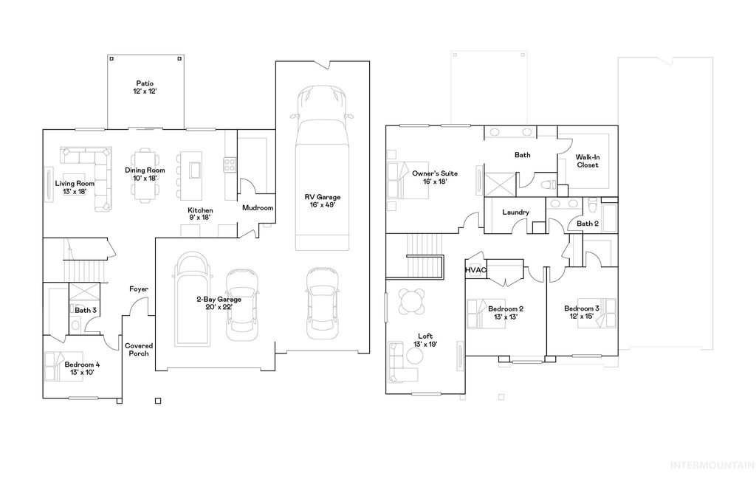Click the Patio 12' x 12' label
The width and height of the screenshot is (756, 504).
(x=145, y=87)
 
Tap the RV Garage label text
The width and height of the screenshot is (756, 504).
(x=323, y=201)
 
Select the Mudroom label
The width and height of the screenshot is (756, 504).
(x=258, y=208)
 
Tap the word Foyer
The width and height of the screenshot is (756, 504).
(x=139, y=289)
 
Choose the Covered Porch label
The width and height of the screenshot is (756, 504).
(x=137, y=349)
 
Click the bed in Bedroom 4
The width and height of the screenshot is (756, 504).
(x=58, y=367)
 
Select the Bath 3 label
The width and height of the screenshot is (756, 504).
(x=85, y=310)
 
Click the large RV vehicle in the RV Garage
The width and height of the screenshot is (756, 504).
(x=322, y=167)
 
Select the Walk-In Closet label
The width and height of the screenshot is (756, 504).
(x=587, y=161)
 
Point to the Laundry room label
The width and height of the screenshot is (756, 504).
(x=515, y=213)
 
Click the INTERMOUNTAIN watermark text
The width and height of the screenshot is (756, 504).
(x=711, y=466)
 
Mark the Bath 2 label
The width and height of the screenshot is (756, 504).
(x=587, y=223)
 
